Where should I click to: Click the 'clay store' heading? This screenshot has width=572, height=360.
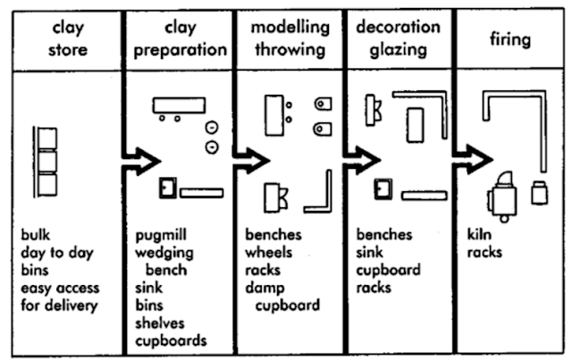[x=68, y=39]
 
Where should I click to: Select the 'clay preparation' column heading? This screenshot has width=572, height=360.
[x=178, y=39]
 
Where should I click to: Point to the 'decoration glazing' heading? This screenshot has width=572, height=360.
[x=397, y=39]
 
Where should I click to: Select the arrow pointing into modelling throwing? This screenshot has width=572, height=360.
[x=253, y=162]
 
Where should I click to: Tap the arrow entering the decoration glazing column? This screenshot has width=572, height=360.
[x=363, y=162]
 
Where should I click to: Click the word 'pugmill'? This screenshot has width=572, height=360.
[x=162, y=236]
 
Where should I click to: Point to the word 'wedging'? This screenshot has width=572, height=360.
[x=164, y=253]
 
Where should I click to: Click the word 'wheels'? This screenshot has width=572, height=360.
[x=268, y=253]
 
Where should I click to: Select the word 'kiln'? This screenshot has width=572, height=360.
[x=479, y=236]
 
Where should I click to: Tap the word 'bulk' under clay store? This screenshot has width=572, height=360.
[x=38, y=236]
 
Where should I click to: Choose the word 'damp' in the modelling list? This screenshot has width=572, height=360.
[x=265, y=288]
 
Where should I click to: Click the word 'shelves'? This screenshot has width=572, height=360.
[x=161, y=322]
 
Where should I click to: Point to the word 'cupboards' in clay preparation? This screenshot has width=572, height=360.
[x=172, y=340]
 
